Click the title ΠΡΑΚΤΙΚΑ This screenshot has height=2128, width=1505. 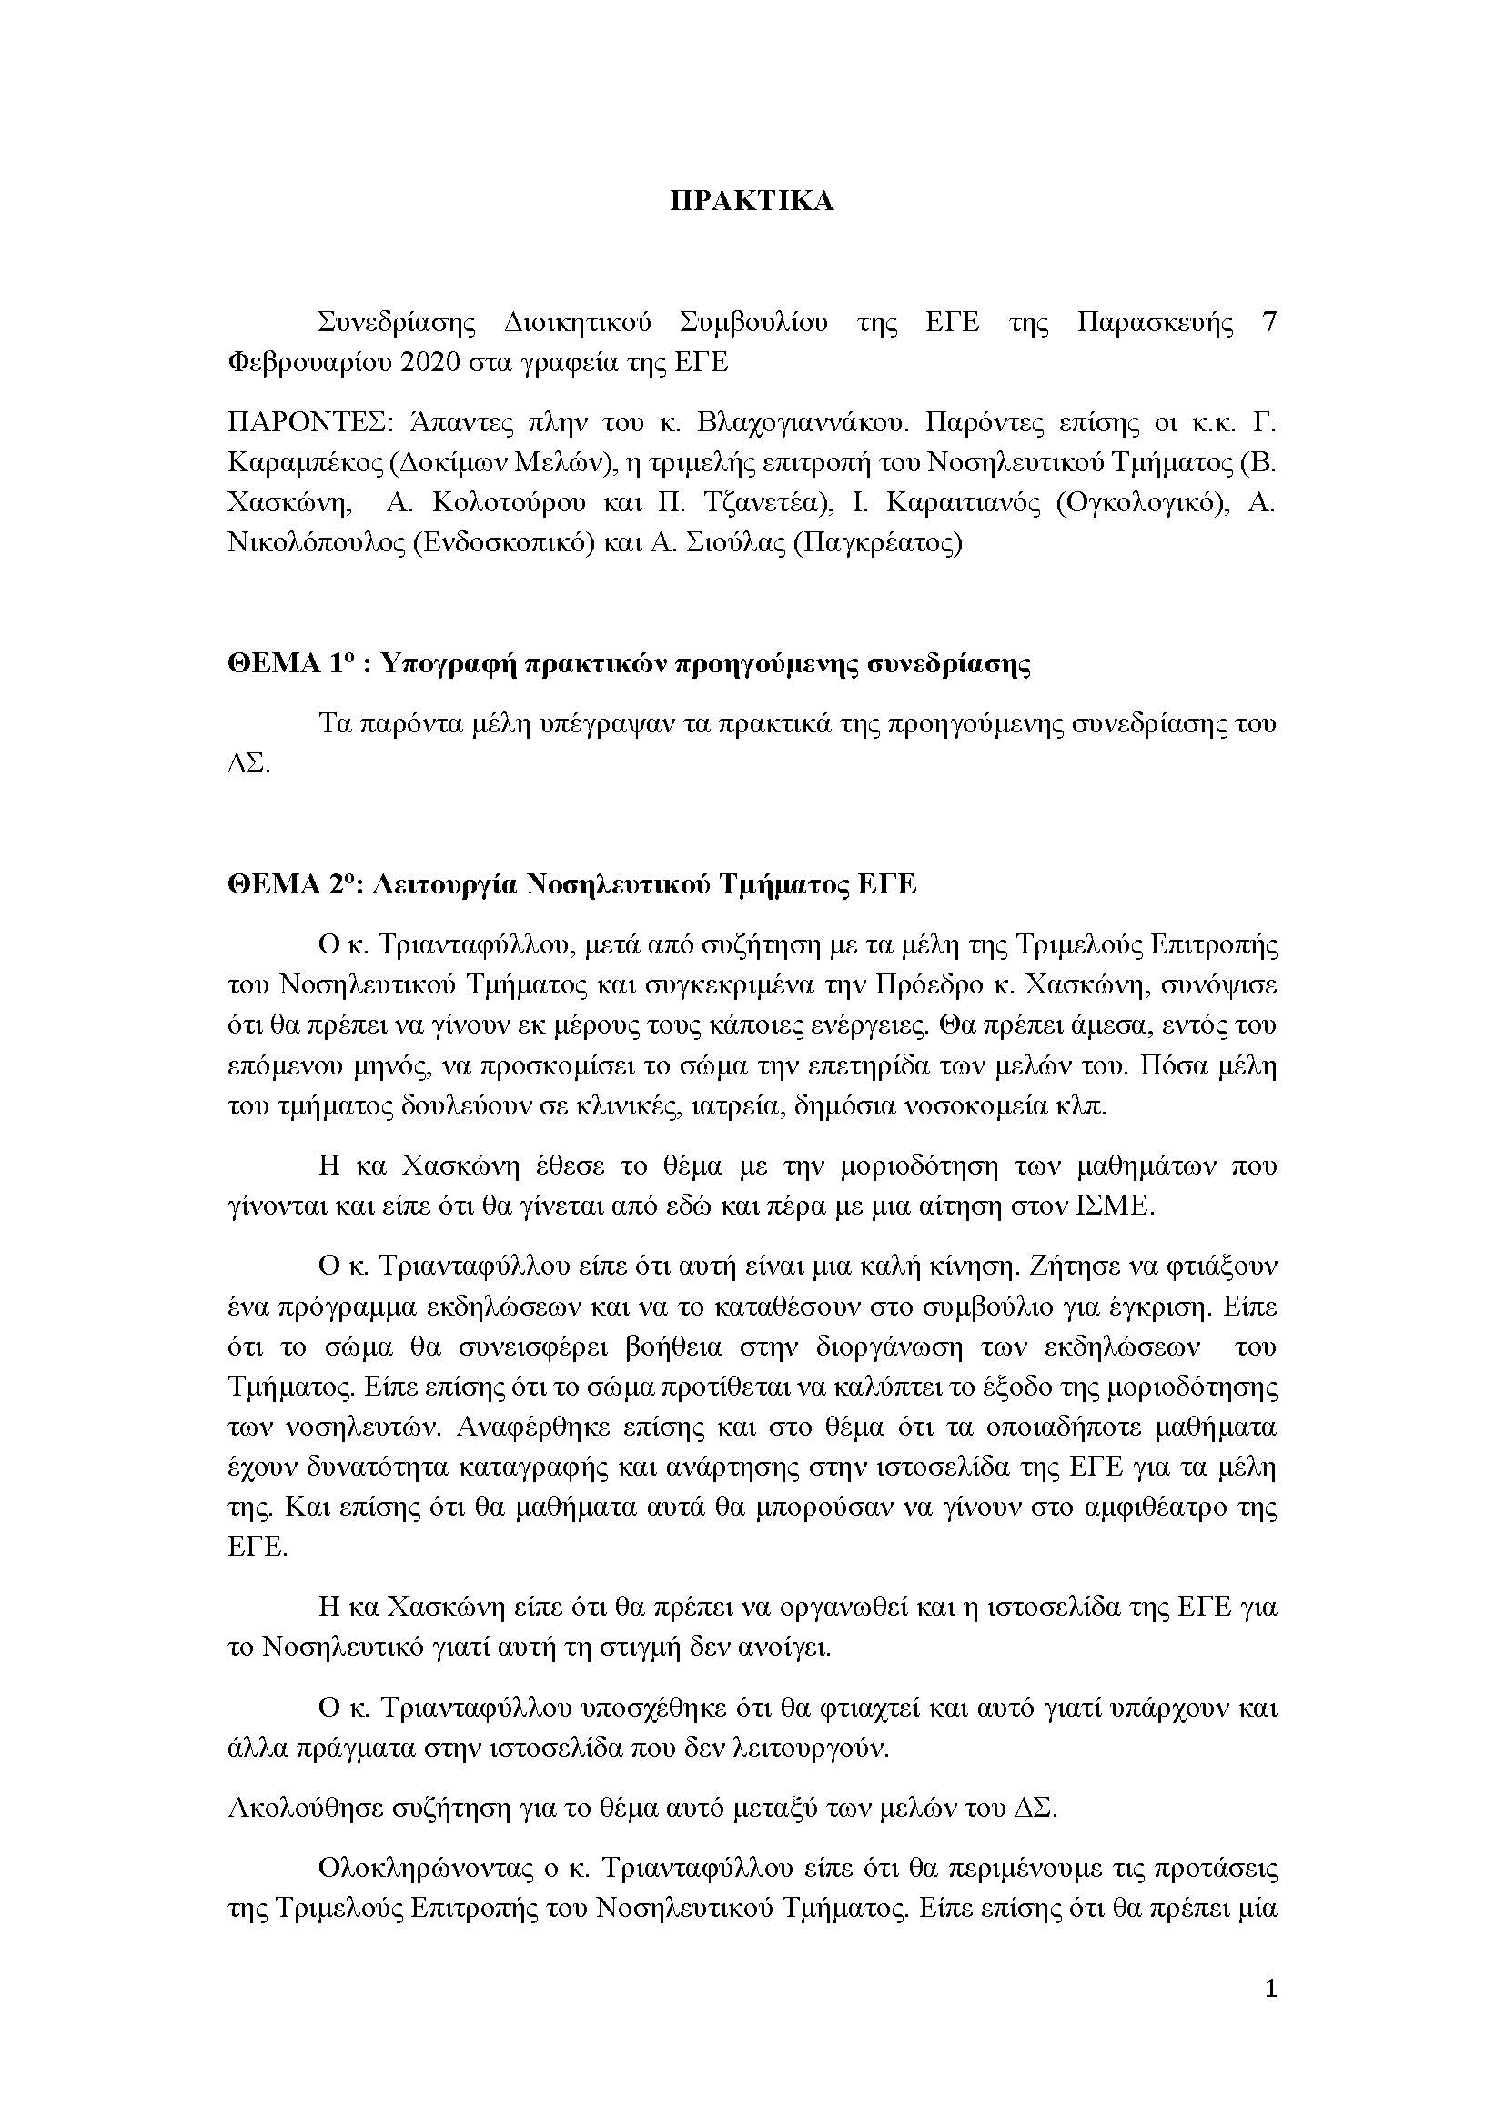[752, 202]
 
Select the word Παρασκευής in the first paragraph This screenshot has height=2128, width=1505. [1154, 323]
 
